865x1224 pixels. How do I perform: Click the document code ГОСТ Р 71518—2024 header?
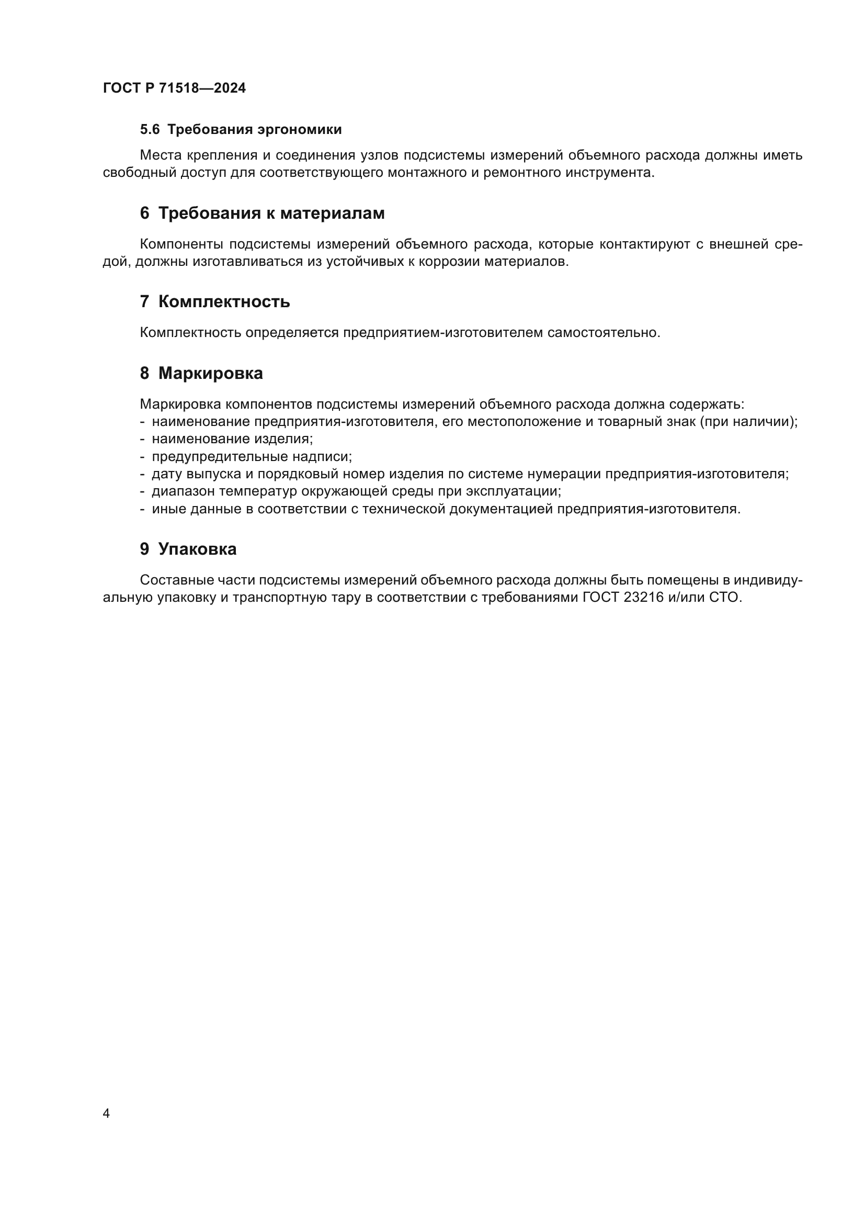tap(174, 88)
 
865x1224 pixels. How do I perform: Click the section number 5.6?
tap(150, 130)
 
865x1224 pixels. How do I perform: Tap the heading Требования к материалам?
tap(271, 213)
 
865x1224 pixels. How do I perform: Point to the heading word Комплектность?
tap(224, 302)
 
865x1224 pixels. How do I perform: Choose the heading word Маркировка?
tap(210, 373)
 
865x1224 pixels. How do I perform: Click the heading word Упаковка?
tap(197, 549)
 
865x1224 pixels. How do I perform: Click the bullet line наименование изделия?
tap(232, 439)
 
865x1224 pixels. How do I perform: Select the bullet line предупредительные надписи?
tap(252, 456)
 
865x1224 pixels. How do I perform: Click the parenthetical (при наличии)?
tap(748, 422)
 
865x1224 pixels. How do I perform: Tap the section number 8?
tap(144, 373)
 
